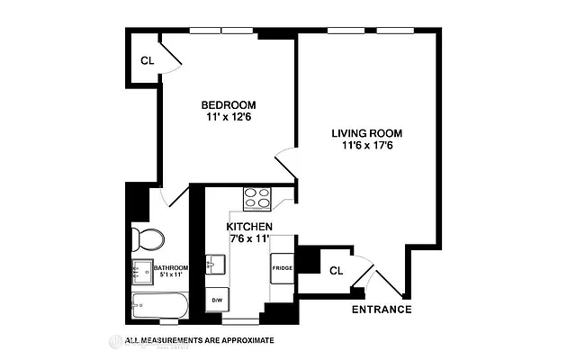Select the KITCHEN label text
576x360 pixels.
249,227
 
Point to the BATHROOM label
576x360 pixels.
170,267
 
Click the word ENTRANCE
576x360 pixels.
382,310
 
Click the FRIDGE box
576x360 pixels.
283,268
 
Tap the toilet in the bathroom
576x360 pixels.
147,239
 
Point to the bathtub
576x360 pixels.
158,306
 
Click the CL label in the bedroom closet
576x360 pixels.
147,61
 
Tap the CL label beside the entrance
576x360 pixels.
335,270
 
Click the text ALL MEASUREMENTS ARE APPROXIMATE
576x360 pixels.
199,341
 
